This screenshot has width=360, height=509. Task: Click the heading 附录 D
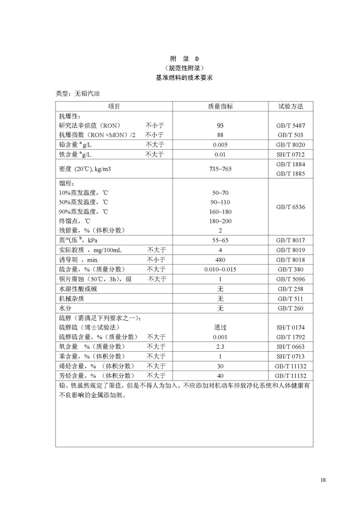coord(180,59)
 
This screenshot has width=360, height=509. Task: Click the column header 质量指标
coord(220,106)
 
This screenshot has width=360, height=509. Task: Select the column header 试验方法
coord(291,106)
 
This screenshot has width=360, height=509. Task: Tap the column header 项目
coord(114,106)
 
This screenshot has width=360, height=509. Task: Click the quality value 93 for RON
coord(220,125)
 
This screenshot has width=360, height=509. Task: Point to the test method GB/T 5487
coord(291,125)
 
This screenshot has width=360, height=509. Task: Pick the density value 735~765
coord(220,168)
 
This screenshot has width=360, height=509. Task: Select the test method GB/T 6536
coord(291,207)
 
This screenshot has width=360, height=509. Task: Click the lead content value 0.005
coord(220,145)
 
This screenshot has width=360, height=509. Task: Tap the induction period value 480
coord(220,260)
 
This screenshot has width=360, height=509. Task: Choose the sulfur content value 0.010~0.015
coord(220,269)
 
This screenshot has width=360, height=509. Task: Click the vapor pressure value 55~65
coord(220,240)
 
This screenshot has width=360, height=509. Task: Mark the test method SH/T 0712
coord(291,154)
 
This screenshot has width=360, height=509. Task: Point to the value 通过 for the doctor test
coord(220,327)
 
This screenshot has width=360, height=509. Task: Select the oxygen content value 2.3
coord(220,347)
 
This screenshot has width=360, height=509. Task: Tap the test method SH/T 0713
coord(291,356)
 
